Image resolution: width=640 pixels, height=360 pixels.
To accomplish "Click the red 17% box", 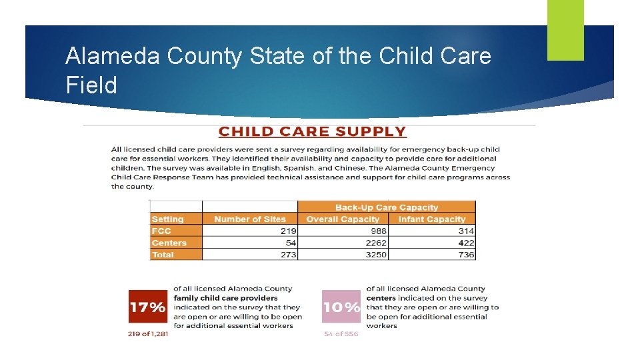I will click(x=147, y=307).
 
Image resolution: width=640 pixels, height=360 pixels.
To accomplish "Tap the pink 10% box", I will click(x=341, y=307).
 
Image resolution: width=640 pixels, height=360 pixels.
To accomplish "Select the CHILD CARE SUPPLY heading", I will click(x=312, y=132).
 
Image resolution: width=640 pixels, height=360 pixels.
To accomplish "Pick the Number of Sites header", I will click(x=250, y=219).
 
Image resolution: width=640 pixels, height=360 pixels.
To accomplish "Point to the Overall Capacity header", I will click(x=343, y=219).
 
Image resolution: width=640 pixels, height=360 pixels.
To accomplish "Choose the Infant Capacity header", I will click(x=431, y=219).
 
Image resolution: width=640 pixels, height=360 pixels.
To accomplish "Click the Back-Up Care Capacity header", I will click(x=387, y=207).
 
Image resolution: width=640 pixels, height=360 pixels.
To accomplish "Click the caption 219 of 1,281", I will click(x=148, y=334).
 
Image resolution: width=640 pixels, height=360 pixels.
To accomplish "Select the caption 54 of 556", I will click(x=341, y=334).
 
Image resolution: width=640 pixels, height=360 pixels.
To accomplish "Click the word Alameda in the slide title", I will click(x=113, y=57).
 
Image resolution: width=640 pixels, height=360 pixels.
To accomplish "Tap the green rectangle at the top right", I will click(x=565, y=30).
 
